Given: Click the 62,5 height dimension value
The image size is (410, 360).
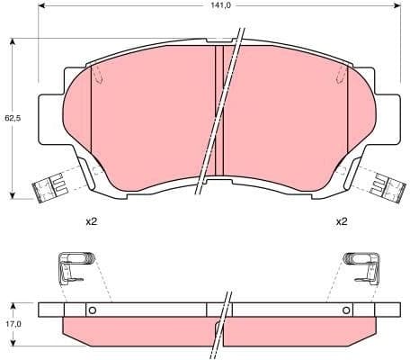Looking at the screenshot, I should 10,117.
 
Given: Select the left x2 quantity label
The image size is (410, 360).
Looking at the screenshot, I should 91,221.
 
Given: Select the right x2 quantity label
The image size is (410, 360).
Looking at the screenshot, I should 342,221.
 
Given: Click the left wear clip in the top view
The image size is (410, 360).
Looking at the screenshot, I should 49,188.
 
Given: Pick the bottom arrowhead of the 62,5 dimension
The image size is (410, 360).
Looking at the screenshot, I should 11,195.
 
